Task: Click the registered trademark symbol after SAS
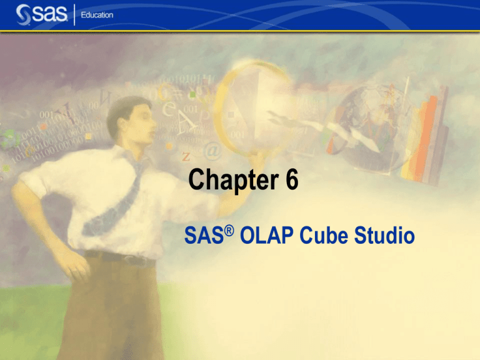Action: (x=229, y=230)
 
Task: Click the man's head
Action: (x=132, y=117)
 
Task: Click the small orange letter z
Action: (x=186, y=154)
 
